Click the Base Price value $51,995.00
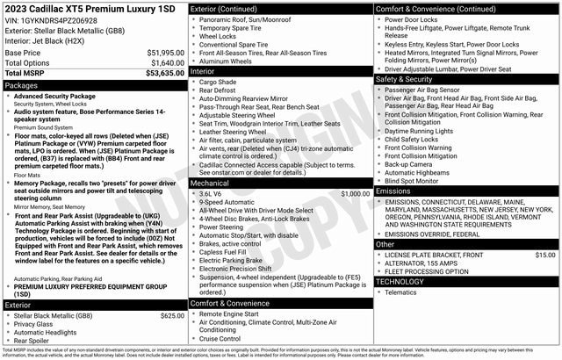tap(160, 53)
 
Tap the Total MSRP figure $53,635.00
tap(160, 74)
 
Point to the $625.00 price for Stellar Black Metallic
tap(172, 315)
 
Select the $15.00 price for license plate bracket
tap(544, 255)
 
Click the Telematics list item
tap(402, 292)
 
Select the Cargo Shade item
tap(219, 82)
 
